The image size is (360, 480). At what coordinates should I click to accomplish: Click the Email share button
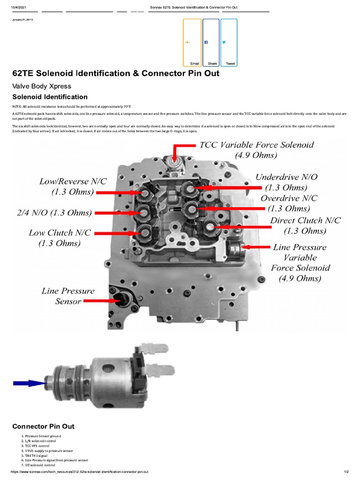tap(192, 43)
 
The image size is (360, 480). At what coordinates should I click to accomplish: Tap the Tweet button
tap(229, 43)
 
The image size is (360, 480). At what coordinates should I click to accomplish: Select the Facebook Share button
tap(210, 43)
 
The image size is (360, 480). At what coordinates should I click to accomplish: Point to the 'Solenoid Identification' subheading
tap(50, 97)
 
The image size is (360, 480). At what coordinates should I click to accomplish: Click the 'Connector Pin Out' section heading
tap(43, 426)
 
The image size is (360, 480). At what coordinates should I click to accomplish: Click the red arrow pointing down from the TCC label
tap(176, 152)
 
